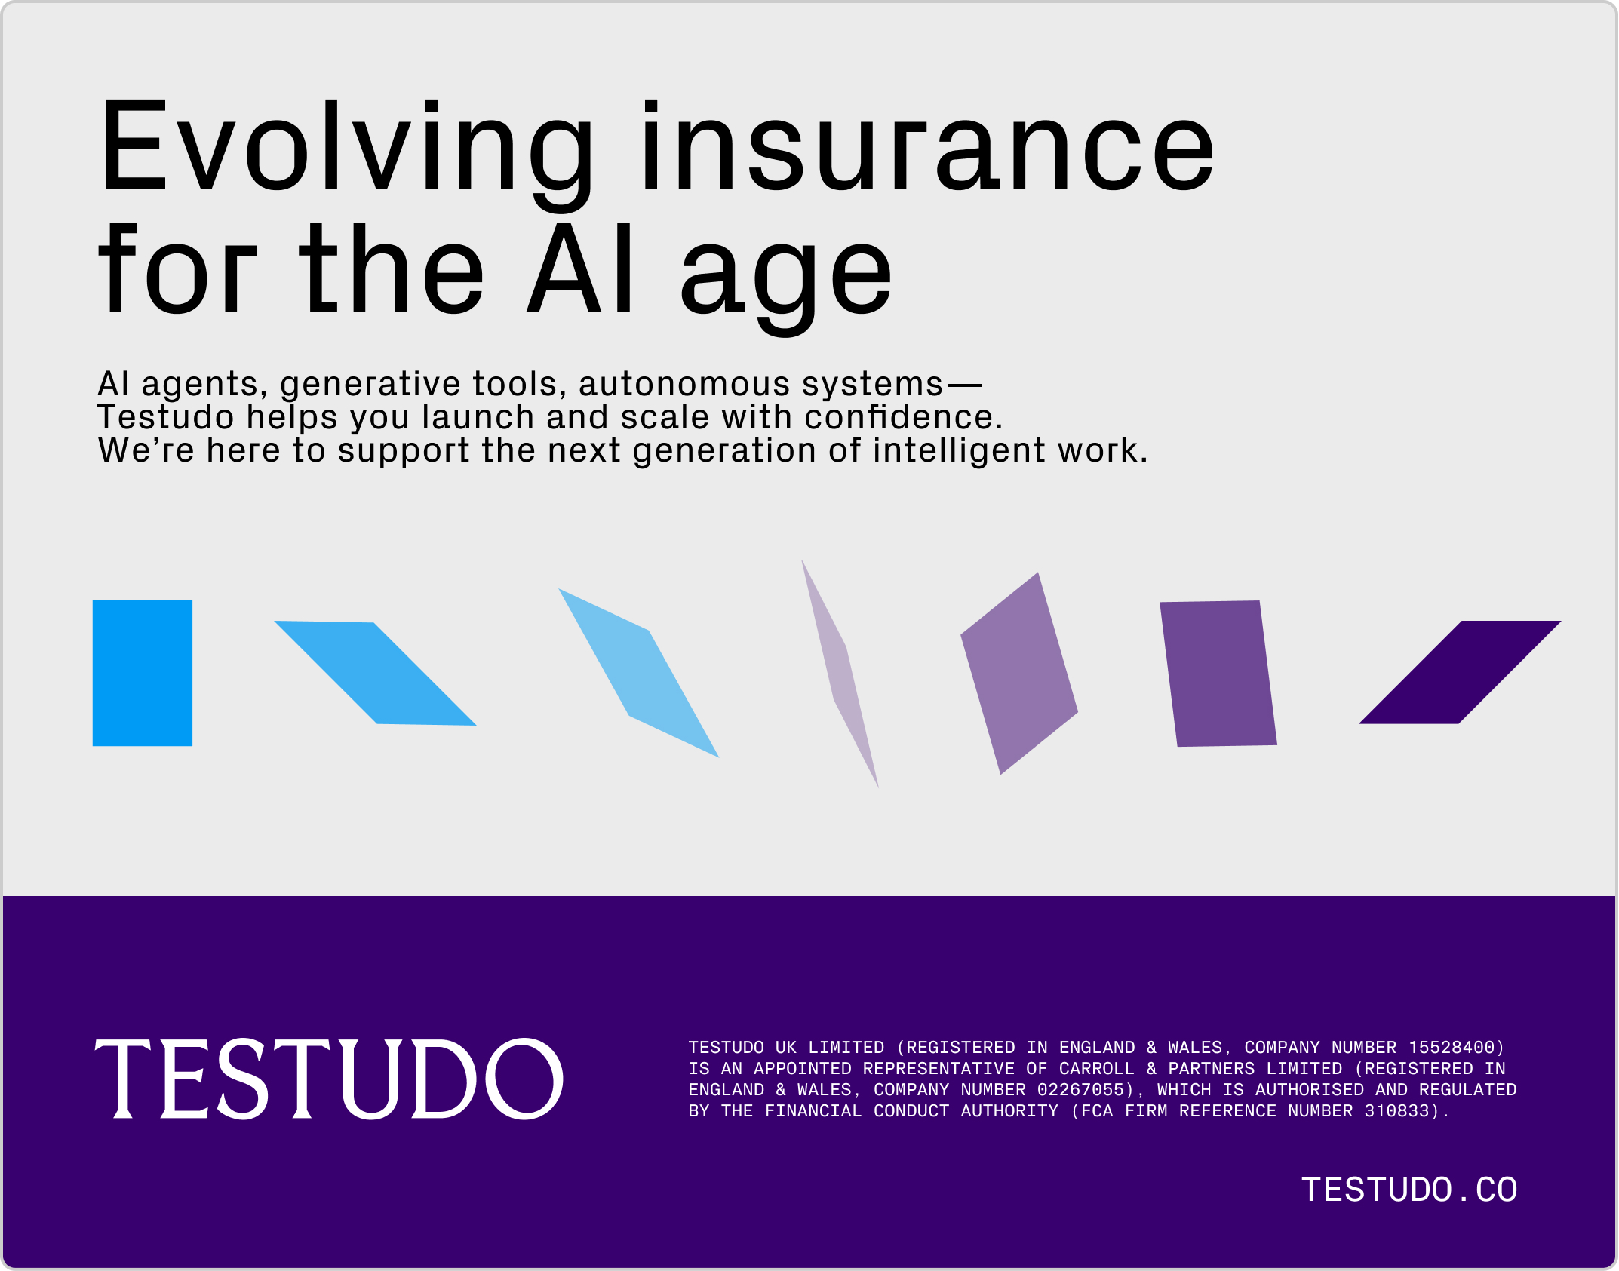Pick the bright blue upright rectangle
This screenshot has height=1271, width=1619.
[x=143, y=673]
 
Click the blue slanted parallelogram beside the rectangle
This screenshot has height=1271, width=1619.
[x=375, y=673]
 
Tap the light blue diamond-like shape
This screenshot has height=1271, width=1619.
[x=638, y=672]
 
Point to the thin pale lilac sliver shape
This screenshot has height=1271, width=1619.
[x=840, y=673]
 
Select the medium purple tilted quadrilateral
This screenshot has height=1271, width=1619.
[x=1019, y=673]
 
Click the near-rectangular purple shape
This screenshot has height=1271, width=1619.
[x=1218, y=674]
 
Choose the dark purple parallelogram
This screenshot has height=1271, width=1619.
[x=1460, y=672]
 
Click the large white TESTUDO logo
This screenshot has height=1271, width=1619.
[x=329, y=1079]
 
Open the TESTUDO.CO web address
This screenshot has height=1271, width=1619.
[x=1409, y=1190]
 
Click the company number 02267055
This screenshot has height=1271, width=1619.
[x=1080, y=1090]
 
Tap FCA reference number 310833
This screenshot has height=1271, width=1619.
[x=1396, y=1111]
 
